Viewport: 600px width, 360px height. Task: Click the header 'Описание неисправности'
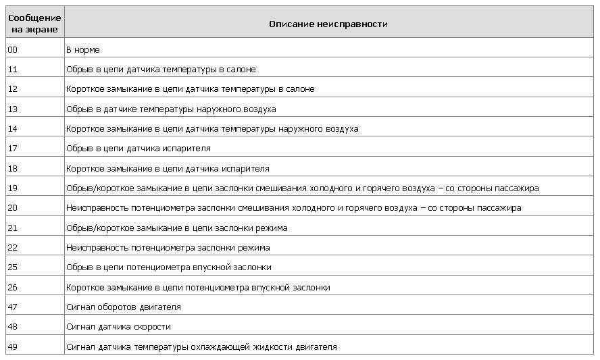click(x=328, y=24)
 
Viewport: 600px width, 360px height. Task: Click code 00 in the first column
click(x=13, y=50)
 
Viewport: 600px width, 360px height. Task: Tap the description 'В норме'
click(x=83, y=50)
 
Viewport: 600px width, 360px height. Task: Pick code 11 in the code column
click(x=13, y=70)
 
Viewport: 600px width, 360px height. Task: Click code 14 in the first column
click(x=13, y=129)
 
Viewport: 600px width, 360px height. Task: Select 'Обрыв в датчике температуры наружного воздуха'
click(x=171, y=109)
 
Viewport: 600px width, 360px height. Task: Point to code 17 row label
click(x=13, y=149)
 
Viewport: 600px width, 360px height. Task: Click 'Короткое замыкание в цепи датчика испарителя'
click(x=168, y=169)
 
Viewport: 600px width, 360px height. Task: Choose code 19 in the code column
click(x=13, y=188)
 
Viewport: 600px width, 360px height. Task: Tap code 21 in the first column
click(x=13, y=228)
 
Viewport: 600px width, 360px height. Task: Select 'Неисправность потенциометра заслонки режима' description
click(x=168, y=248)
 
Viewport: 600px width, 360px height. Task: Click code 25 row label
click(x=13, y=267)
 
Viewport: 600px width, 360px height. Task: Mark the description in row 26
click(x=198, y=288)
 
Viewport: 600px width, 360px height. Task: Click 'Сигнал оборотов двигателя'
click(x=124, y=307)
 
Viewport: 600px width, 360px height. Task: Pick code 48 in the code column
click(x=13, y=327)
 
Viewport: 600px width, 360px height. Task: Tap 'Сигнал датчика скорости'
click(x=118, y=327)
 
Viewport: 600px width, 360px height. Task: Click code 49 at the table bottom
click(x=13, y=347)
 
